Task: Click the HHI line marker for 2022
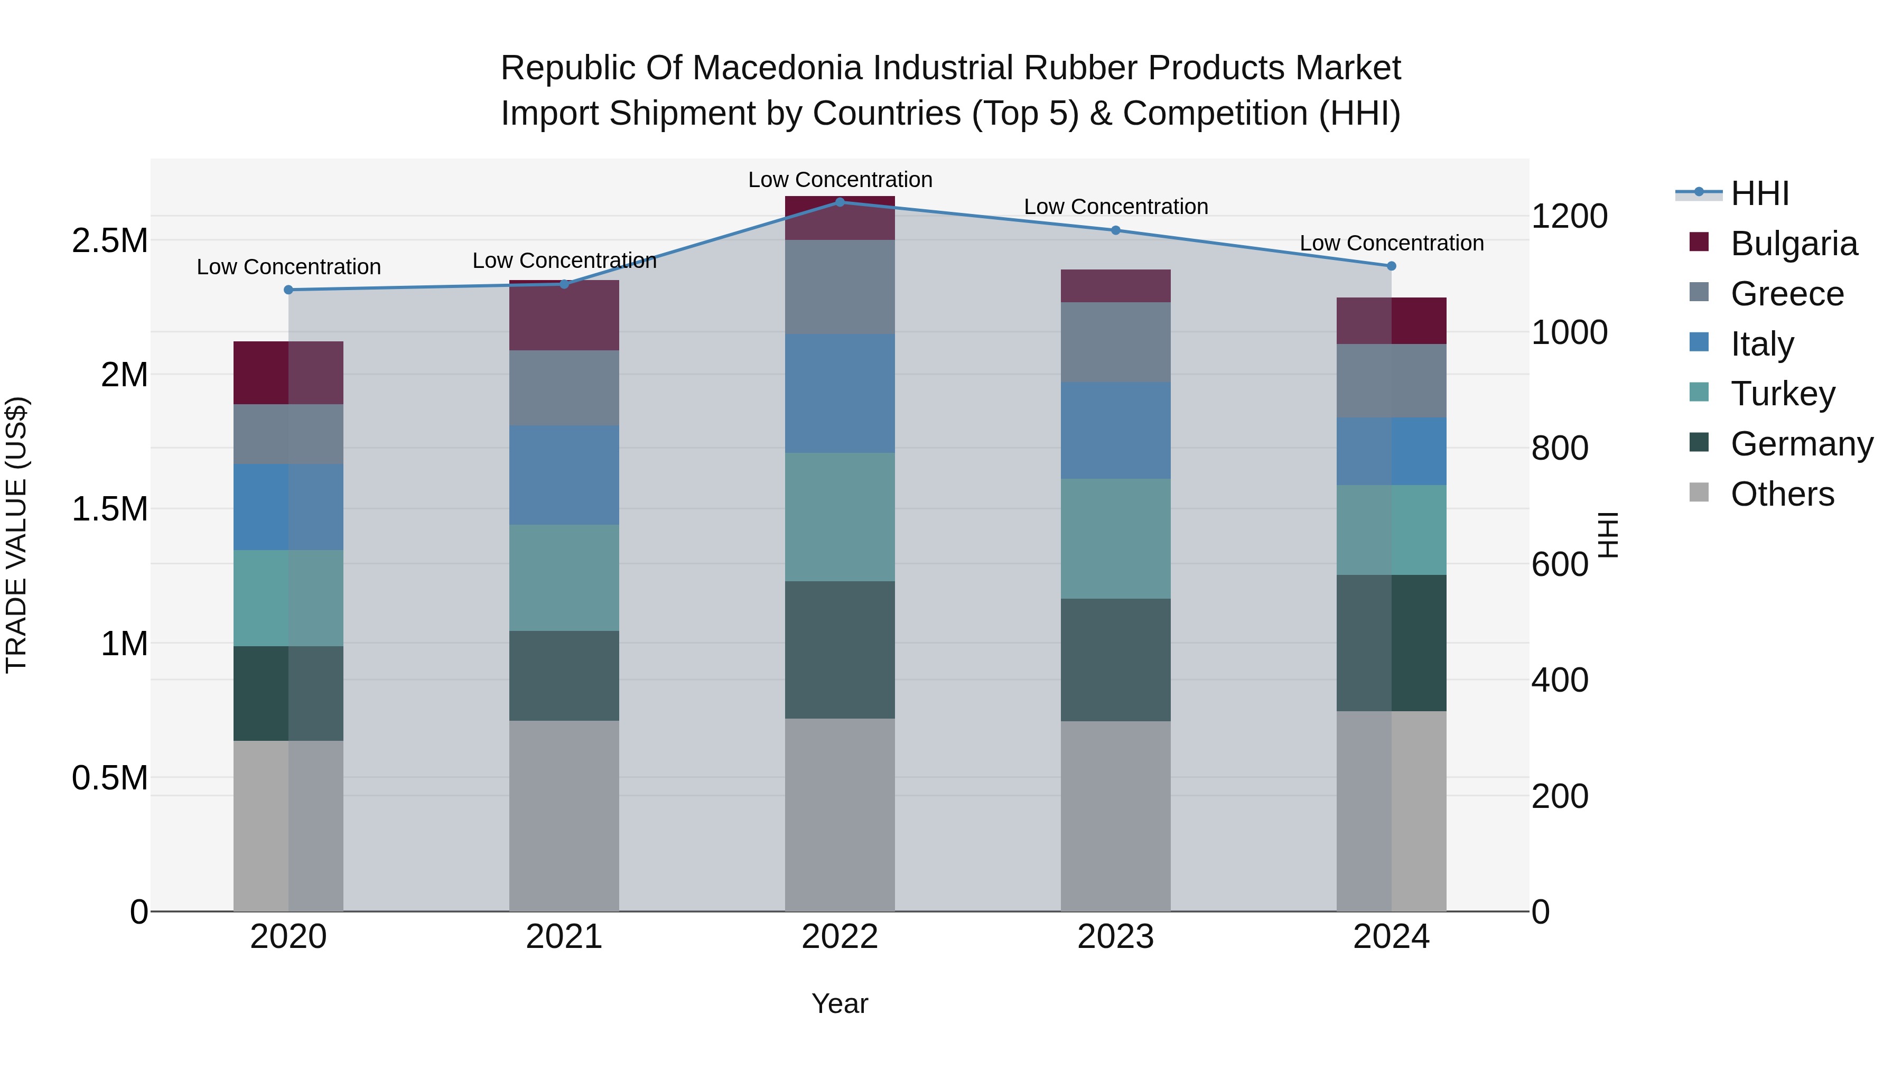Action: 840,202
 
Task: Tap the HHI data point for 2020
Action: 288,290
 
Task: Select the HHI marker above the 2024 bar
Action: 1391,266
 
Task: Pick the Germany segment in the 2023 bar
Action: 1116,659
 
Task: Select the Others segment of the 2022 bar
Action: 840,814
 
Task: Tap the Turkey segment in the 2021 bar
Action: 564,578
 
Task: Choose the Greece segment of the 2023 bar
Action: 1116,342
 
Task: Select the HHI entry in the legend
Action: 1759,193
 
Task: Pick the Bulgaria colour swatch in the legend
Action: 1699,242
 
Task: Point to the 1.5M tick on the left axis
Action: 109,509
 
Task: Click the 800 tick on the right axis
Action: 1560,448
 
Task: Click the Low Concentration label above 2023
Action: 1116,207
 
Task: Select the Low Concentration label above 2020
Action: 288,267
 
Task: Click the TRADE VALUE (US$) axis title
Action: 16,535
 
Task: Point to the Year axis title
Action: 840,1003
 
